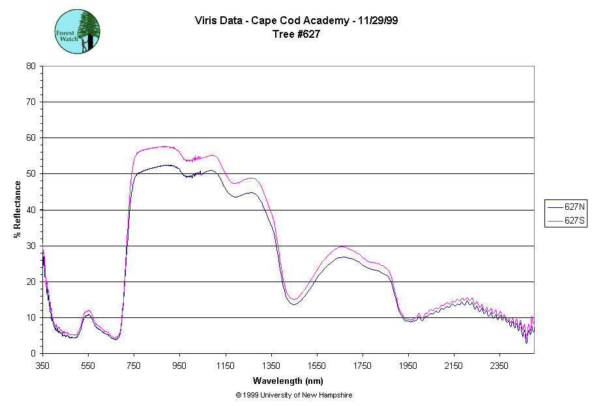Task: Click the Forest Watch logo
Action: click(x=78, y=31)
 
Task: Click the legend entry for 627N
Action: click(x=565, y=207)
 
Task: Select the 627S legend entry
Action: click(x=565, y=221)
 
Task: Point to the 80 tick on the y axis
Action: click(x=31, y=66)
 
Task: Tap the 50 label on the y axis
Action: click(x=31, y=174)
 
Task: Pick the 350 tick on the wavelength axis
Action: click(x=42, y=366)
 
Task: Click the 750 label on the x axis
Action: click(x=134, y=366)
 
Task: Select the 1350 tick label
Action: click(x=271, y=366)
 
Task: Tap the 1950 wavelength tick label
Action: click(x=408, y=366)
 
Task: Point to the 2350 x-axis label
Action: click(x=499, y=366)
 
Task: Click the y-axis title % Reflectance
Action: click(x=18, y=209)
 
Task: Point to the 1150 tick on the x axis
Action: click(x=226, y=366)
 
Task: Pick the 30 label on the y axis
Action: click(x=31, y=246)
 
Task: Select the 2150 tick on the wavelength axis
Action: click(x=454, y=366)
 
